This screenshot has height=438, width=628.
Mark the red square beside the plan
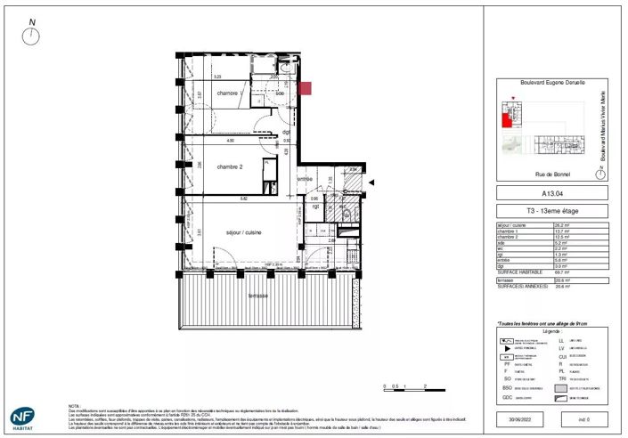click(305, 87)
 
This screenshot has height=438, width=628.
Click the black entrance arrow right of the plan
click(372, 183)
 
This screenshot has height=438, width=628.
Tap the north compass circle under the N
click(33, 36)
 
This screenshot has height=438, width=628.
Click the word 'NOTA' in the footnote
click(74, 403)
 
